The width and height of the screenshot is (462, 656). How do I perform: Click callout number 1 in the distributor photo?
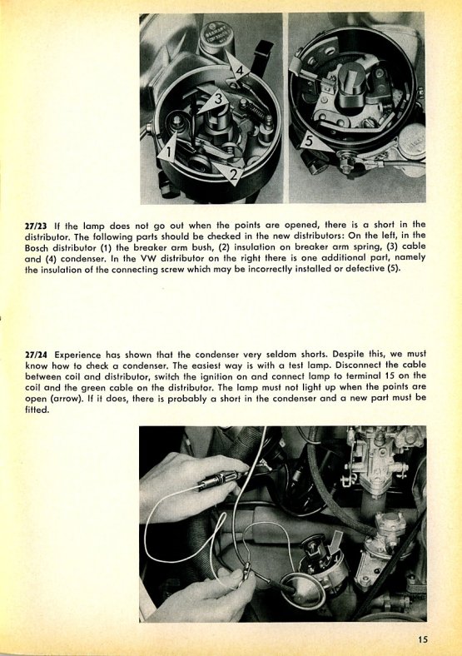pos(168,152)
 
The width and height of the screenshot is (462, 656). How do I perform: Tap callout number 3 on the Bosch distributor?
pos(218,99)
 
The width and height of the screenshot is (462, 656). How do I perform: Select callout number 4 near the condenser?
pos(240,71)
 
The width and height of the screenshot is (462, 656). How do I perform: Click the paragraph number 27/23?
pos(36,226)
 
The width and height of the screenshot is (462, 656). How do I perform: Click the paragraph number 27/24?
pos(36,355)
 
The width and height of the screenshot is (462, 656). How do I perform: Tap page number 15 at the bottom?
pos(422,639)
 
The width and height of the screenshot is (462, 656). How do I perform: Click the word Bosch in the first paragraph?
pos(37,247)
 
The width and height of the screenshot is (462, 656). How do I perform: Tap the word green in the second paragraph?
pos(94,387)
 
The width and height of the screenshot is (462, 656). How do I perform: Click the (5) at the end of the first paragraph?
pos(392,269)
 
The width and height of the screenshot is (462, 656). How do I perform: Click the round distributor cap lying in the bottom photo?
pos(303,592)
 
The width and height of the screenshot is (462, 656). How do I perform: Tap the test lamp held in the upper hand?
pos(217,482)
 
